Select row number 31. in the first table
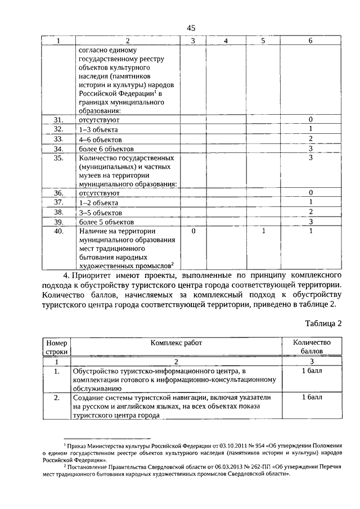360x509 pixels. point(58,120)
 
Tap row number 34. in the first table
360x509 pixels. point(58,149)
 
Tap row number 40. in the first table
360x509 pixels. point(58,231)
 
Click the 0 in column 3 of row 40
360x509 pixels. point(193,231)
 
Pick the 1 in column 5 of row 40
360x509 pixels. point(263,231)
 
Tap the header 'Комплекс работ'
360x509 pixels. point(176,343)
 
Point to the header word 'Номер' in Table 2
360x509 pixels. point(56,343)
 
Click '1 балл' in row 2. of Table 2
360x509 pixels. point(311,397)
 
